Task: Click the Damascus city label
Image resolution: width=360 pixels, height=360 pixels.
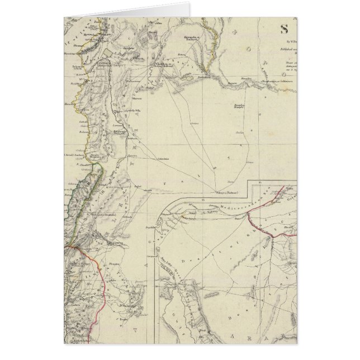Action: pos(114,244)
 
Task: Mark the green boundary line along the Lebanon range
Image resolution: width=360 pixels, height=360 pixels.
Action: pos(87,201)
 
